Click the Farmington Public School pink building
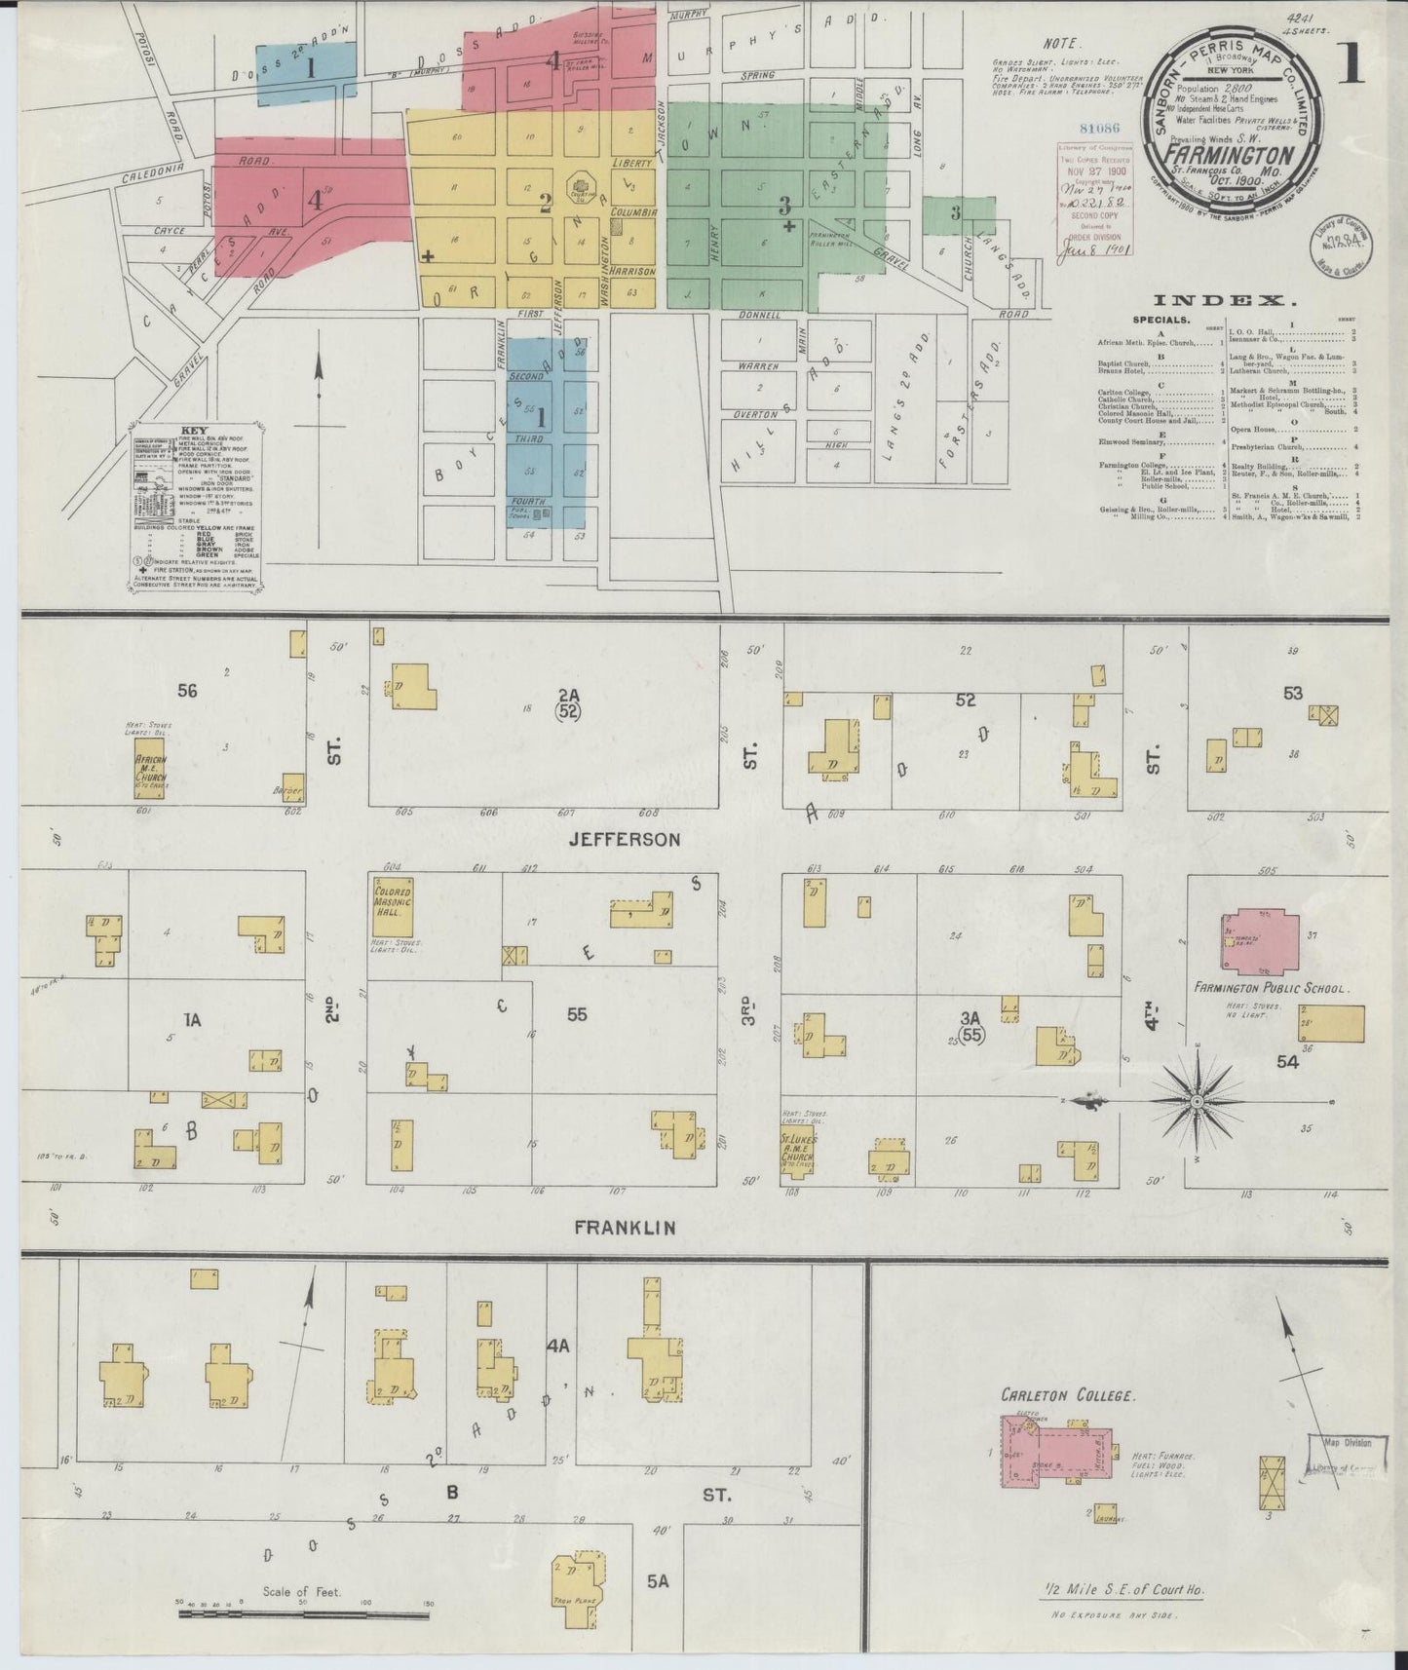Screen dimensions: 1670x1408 point(1261,942)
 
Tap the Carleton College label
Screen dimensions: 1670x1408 point(1067,1395)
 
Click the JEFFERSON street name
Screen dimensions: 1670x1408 point(627,839)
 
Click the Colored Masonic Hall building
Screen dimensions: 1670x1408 point(392,906)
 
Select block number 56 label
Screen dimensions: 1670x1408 point(187,691)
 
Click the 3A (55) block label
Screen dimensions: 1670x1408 point(970,1027)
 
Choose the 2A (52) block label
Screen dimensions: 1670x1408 point(568,703)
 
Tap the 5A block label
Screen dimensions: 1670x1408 point(658,1581)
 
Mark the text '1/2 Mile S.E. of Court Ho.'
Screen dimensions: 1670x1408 point(1122,1589)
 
